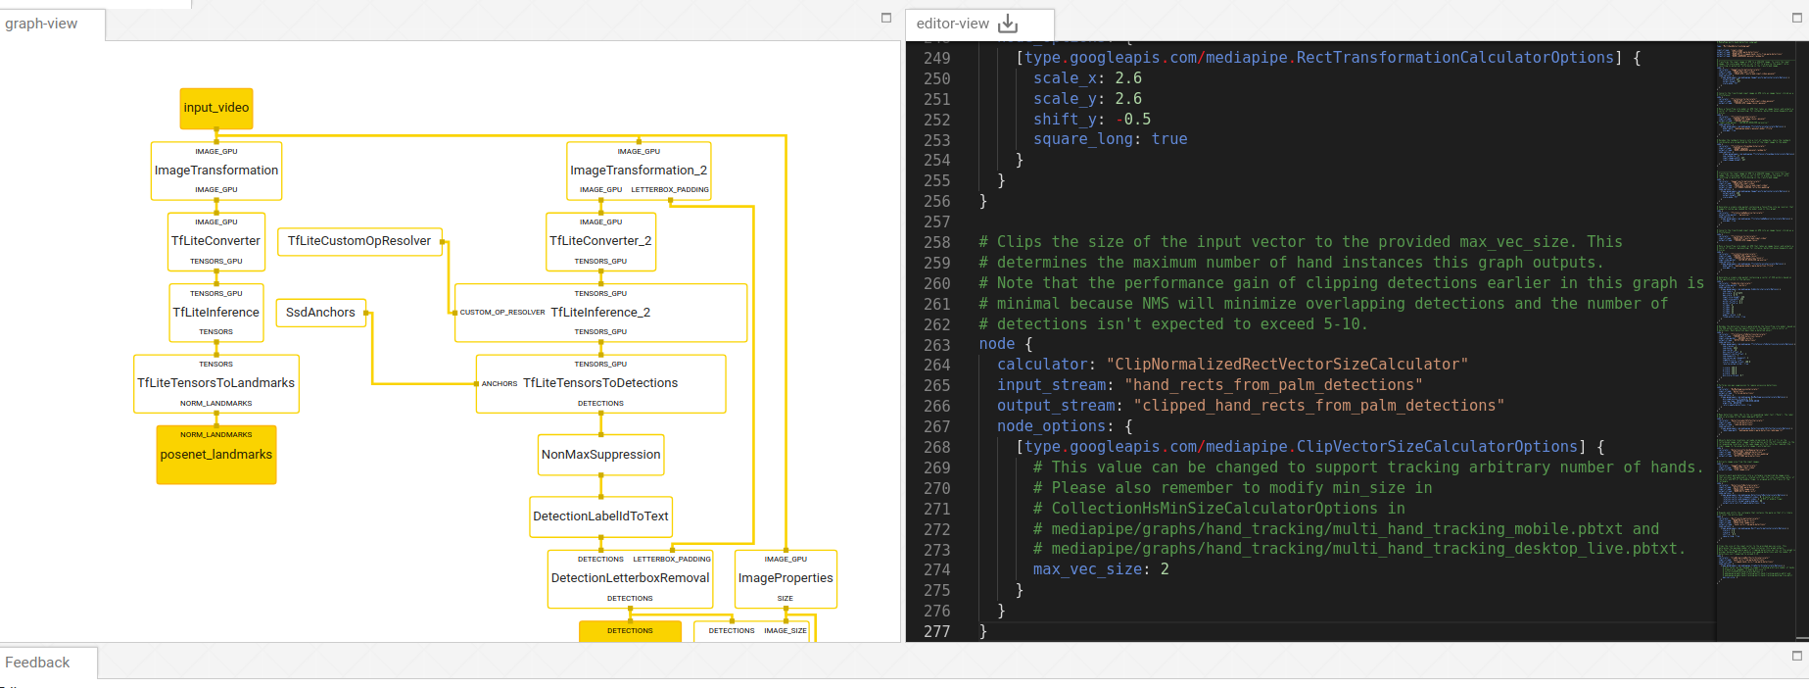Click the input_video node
216,108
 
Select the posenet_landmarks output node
216,455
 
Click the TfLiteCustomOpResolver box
359,241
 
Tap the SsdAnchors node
320,313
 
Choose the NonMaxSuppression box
600,455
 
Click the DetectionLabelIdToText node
600,516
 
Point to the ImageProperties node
785,578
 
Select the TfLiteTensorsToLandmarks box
215,383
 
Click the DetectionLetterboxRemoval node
630,578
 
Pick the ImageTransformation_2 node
639,171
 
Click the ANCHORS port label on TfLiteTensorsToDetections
499,384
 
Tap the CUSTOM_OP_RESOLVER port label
501,313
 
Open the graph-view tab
41,24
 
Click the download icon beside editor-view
1008,24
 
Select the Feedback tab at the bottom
37,663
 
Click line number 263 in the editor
936,345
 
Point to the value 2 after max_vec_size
1164,569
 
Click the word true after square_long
1168,139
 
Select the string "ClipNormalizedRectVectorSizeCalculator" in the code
1286,365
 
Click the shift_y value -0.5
1133,120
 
